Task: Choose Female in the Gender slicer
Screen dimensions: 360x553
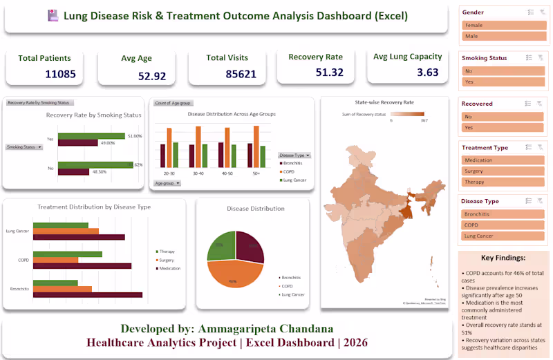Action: [x=503, y=25]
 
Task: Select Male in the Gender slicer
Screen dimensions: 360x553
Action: [x=503, y=36]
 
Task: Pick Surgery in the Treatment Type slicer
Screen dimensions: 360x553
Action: [x=503, y=171]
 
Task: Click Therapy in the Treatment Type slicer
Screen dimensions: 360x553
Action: [x=503, y=182]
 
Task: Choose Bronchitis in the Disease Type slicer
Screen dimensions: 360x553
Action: [x=503, y=214]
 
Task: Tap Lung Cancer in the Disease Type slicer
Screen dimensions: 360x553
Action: [x=503, y=236]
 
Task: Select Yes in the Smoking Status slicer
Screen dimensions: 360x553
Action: [x=503, y=82]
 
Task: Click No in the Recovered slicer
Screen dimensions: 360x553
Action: [x=503, y=117]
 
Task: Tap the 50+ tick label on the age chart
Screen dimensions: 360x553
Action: [x=256, y=173]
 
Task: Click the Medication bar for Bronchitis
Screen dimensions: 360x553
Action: [x=87, y=295]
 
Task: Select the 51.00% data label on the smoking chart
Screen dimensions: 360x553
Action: [x=135, y=136]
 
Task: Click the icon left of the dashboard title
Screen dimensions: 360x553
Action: [x=53, y=15]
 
